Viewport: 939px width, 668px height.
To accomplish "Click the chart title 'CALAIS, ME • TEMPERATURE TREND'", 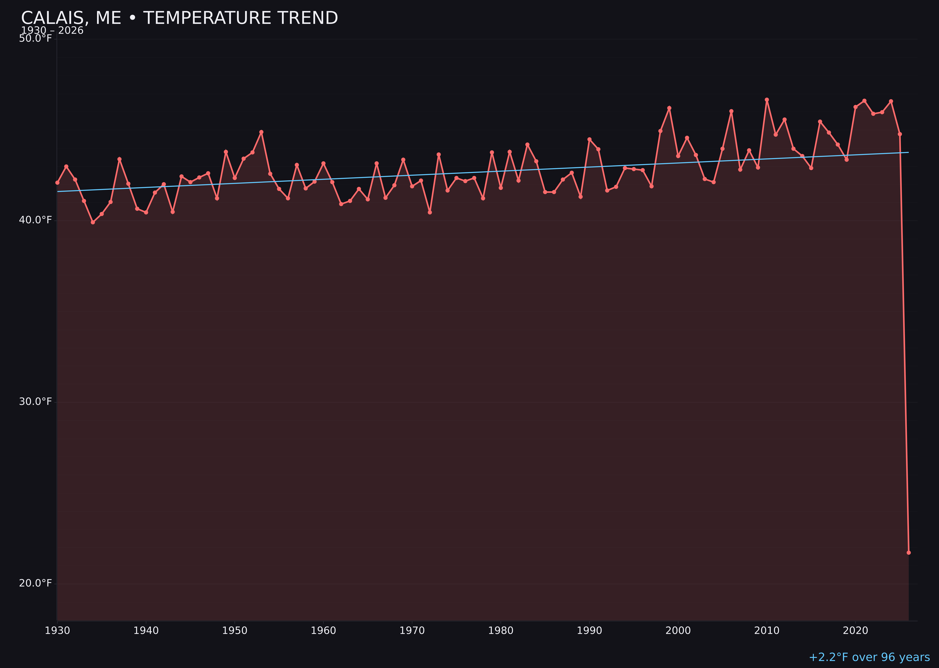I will [179, 18].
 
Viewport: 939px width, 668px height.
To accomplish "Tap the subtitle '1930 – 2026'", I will [52, 31].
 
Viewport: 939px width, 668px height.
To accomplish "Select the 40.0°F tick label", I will [35, 220].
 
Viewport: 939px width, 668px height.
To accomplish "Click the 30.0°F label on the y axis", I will [35, 401].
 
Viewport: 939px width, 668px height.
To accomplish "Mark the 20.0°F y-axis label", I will [35, 583].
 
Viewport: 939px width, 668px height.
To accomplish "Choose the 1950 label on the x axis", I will [235, 631].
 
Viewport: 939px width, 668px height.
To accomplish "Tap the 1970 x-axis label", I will [412, 631].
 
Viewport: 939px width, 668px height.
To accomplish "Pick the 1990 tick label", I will [589, 631].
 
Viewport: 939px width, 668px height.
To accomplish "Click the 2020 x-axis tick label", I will [855, 631].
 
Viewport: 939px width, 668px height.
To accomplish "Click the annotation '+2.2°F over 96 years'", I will [869, 657].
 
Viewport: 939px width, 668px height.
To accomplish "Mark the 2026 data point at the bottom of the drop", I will [908, 552].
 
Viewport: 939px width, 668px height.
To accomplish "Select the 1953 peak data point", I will [261, 132].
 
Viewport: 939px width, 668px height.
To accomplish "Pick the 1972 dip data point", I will [430, 212].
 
